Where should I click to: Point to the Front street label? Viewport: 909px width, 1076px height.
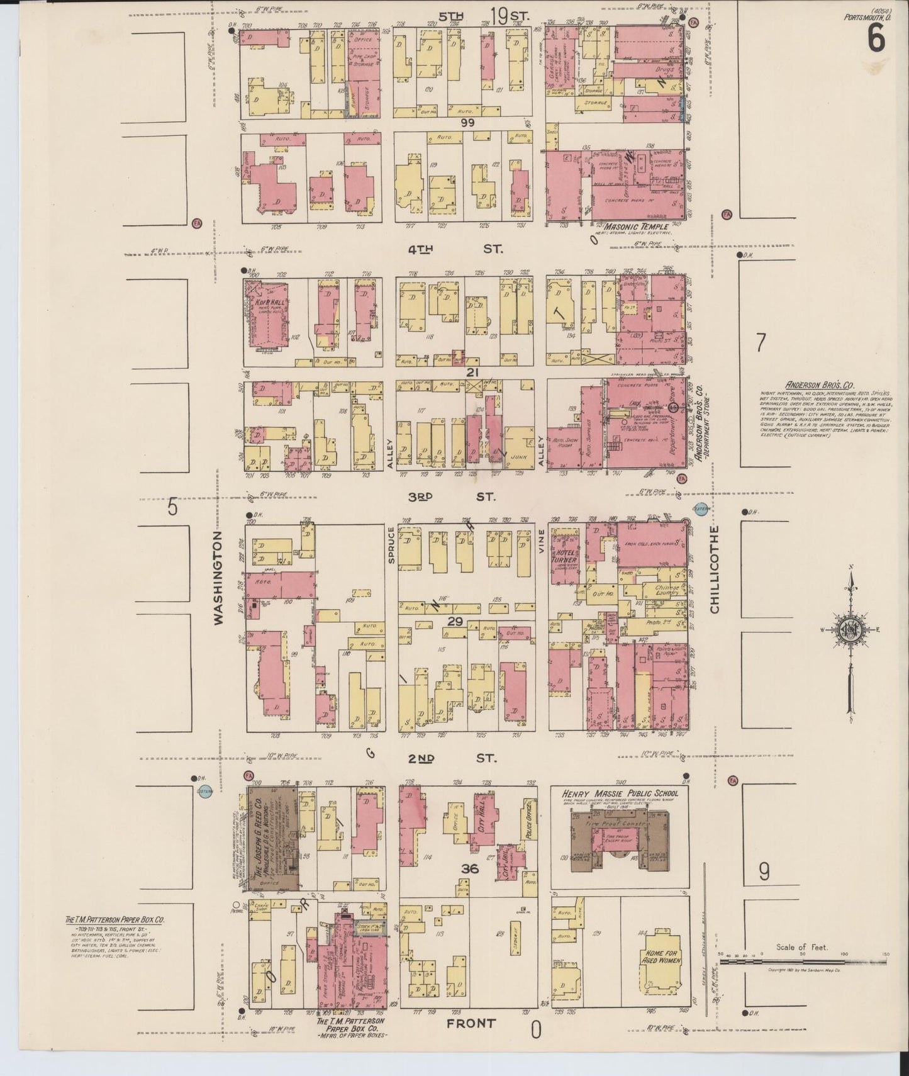point(471,1024)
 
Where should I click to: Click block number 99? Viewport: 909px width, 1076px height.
point(467,123)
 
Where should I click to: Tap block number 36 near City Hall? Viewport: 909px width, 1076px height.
point(470,869)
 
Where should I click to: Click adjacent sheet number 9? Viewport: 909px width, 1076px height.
point(764,871)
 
